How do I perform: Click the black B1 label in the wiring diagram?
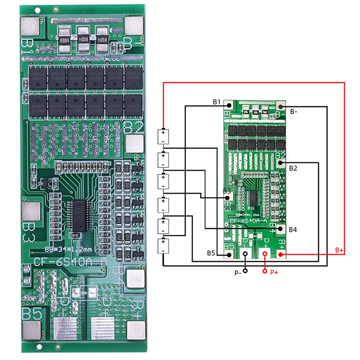point(216,102)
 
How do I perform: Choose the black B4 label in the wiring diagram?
point(293,229)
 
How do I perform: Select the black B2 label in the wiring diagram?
point(293,168)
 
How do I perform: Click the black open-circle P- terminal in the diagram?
point(245,255)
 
